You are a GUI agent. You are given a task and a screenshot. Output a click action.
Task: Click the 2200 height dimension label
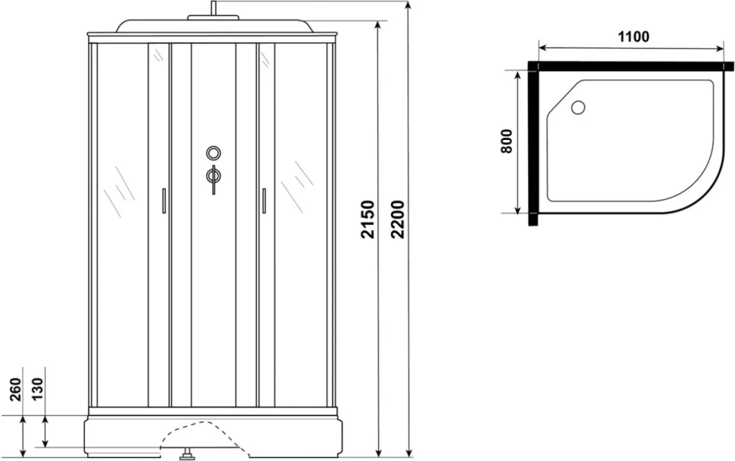click(398, 220)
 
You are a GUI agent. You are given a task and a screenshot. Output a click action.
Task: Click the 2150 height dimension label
click(368, 220)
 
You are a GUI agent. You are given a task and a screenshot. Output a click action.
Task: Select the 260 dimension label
click(16, 389)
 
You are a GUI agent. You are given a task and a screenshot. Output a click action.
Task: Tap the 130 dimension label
click(37, 388)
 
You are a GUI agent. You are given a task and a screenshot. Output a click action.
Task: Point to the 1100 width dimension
click(633, 36)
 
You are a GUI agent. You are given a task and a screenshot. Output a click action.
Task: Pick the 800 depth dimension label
click(507, 141)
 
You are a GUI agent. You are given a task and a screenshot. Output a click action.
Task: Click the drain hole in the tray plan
click(578, 107)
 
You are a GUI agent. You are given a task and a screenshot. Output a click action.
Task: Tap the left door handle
click(164, 201)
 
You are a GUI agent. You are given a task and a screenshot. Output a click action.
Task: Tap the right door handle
click(264, 201)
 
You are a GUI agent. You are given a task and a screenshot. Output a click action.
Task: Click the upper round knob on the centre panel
click(214, 153)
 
